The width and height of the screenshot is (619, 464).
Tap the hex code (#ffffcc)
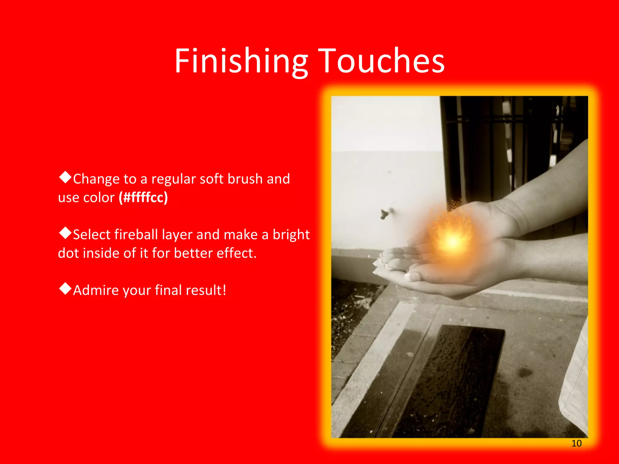click(x=143, y=198)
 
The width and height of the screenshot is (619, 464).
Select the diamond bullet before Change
click(x=65, y=177)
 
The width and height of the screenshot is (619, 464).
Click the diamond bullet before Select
click(x=65, y=233)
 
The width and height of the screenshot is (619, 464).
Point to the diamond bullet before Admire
click(x=65, y=289)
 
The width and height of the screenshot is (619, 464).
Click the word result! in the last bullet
click(x=206, y=290)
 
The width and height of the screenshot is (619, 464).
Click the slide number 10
click(x=576, y=443)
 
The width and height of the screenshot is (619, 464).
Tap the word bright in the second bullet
click(x=291, y=235)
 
